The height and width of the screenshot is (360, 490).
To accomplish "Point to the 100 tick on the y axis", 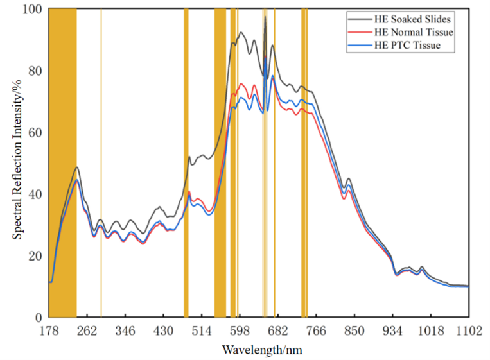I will (x=32, y=10).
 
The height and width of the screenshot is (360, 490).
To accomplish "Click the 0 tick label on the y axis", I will (x=37, y=318).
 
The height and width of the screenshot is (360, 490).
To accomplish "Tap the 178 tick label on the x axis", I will (x=49, y=331).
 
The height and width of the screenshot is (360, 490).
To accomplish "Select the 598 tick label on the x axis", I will (x=240, y=331).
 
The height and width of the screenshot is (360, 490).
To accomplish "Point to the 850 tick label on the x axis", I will (x=354, y=331).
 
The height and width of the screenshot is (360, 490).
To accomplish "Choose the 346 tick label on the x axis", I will (x=125, y=331).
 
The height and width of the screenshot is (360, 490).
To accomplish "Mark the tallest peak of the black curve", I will (x=265, y=17).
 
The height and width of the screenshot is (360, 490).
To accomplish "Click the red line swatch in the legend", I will (x=359, y=32).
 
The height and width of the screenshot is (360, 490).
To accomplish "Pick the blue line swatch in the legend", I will (x=359, y=46).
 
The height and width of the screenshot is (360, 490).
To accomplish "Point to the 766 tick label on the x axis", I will (x=316, y=331).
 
